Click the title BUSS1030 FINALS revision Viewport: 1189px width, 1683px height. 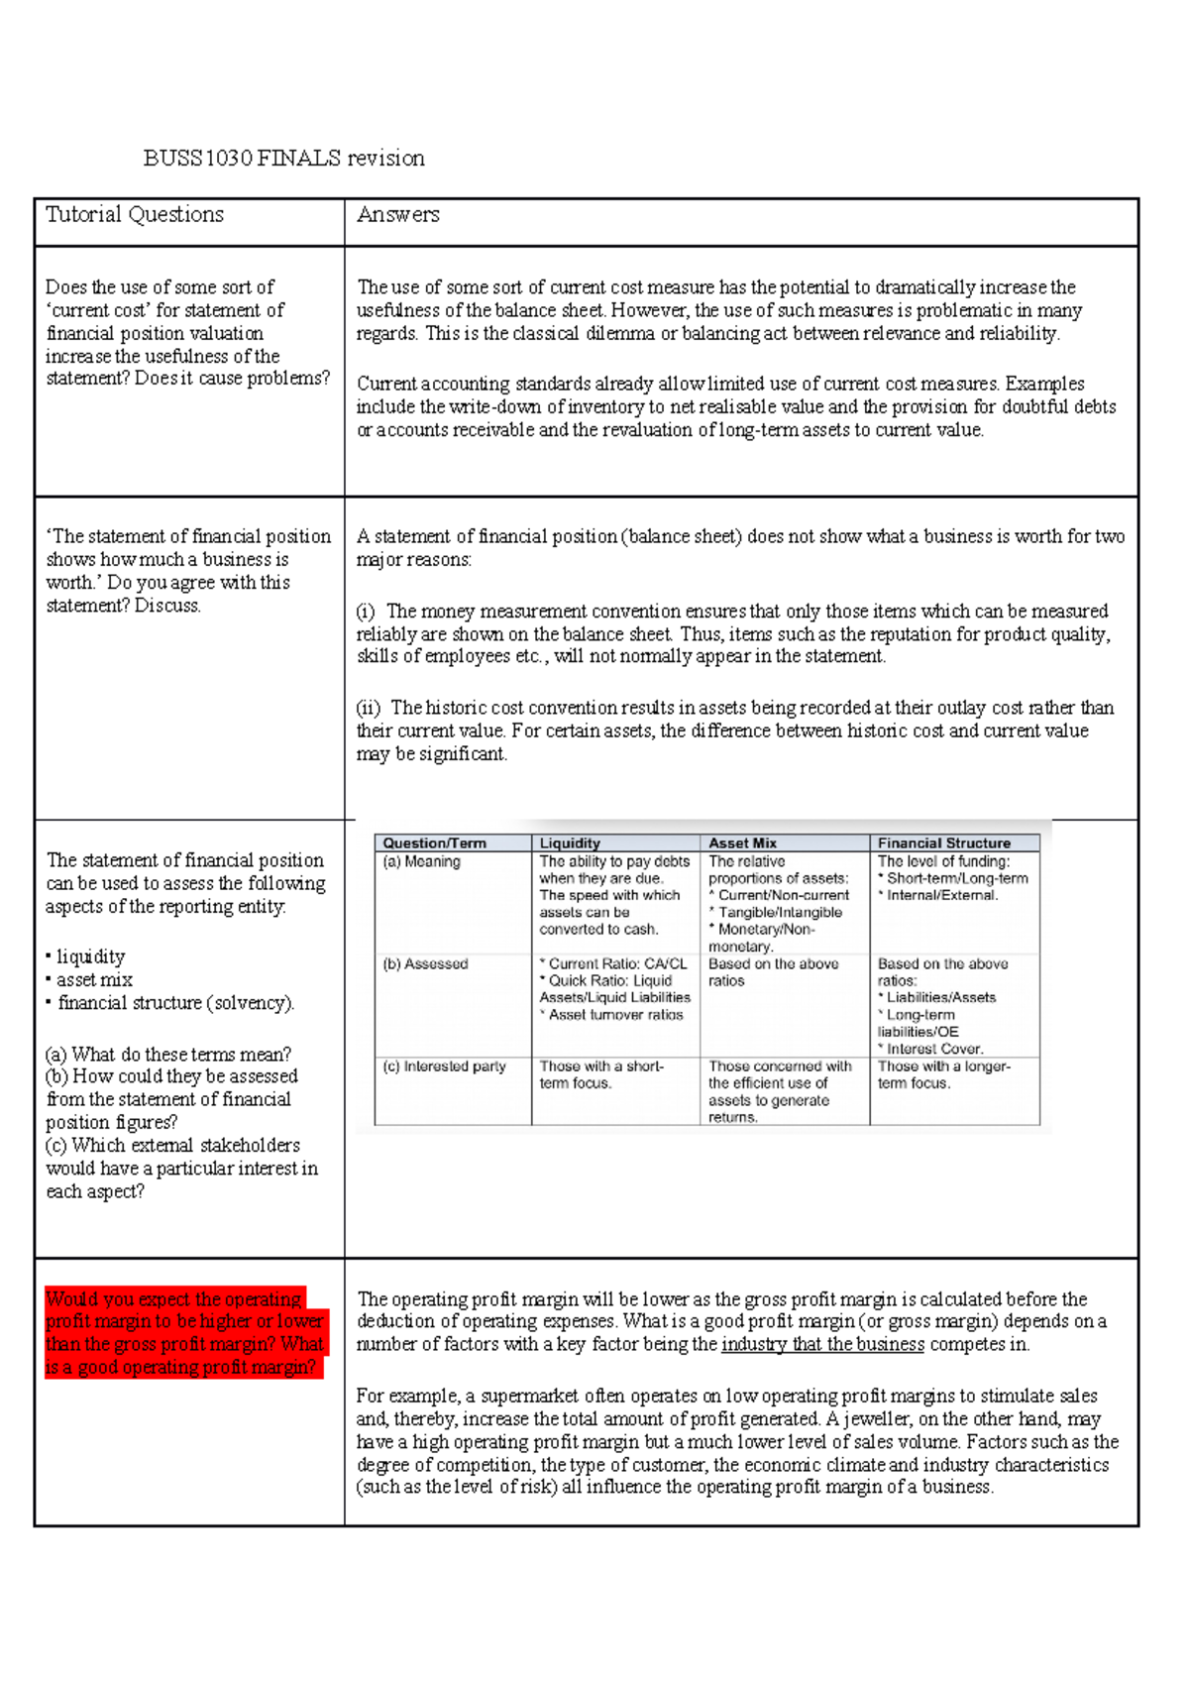[283, 159]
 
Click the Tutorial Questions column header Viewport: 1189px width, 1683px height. [135, 215]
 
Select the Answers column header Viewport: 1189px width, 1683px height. [397, 215]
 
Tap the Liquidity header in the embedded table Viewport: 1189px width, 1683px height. [570, 843]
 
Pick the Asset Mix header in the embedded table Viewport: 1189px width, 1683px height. [742, 843]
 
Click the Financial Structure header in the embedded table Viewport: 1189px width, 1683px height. [943, 843]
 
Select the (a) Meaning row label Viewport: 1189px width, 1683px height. [421, 862]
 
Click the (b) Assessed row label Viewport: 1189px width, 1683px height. [425, 964]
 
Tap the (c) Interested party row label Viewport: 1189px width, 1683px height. [444, 1066]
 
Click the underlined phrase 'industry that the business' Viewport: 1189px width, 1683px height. [822, 1345]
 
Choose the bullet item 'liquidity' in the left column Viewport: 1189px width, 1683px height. [90, 957]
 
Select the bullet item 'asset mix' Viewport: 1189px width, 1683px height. [94, 980]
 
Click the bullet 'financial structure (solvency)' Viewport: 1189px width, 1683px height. [175, 1003]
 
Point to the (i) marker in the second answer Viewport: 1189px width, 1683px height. [366, 612]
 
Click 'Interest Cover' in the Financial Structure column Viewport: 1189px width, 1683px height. [934, 1049]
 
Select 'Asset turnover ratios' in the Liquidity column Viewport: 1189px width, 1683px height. [615, 1015]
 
